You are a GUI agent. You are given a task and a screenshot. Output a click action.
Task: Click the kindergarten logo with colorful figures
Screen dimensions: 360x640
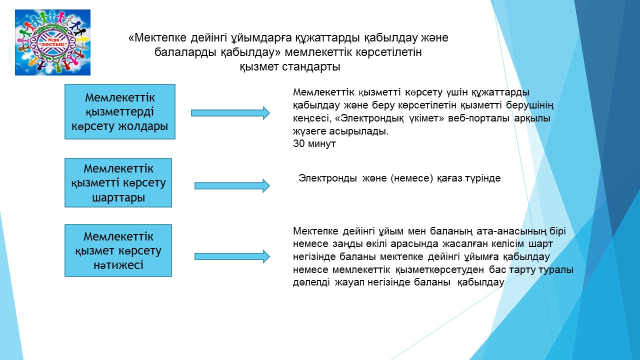point(52,42)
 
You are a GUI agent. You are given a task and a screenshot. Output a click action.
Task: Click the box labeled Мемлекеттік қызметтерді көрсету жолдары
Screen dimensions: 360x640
point(120,111)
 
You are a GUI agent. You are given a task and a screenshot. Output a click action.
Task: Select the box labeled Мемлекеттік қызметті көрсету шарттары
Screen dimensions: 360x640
point(118,182)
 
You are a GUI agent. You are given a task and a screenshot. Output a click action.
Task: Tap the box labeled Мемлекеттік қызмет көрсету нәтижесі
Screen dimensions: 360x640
point(118,250)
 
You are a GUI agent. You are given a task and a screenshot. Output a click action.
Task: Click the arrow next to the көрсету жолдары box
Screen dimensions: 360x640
point(230,113)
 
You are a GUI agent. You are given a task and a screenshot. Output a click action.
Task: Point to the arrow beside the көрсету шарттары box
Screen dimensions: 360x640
point(232,186)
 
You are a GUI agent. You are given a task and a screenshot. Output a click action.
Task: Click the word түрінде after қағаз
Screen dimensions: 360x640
point(482,178)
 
